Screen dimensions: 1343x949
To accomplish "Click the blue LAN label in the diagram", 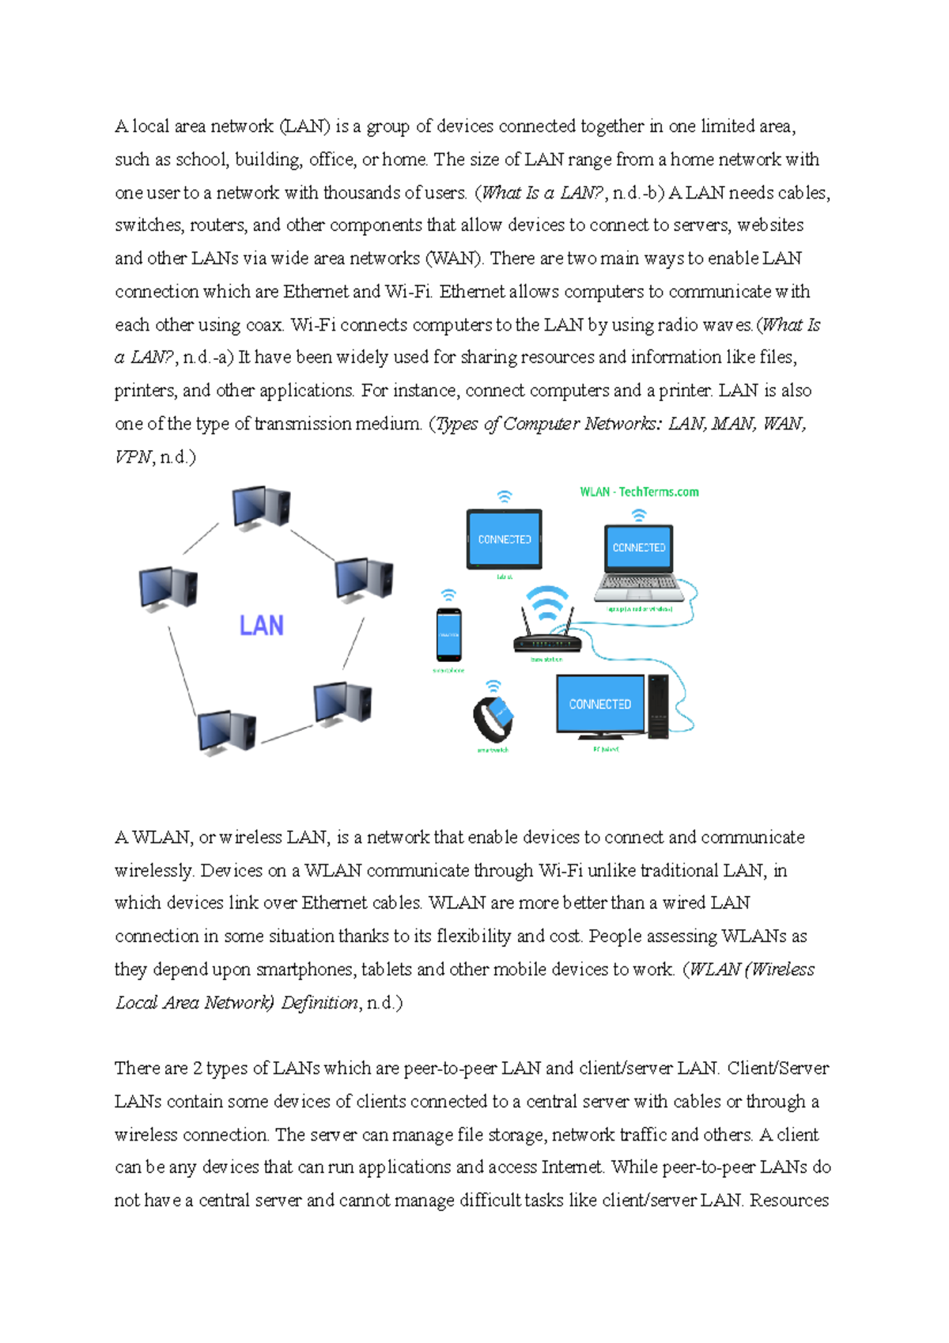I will pos(261,626).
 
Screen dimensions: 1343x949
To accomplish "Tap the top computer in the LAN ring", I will pos(261,507).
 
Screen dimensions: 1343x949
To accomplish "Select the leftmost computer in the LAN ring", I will pos(168,588).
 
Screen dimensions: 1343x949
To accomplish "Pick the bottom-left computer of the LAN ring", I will pos(226,731).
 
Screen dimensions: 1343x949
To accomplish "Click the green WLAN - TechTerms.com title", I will pos(639,492).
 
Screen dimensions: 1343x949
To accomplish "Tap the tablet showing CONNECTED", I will pos(505,539).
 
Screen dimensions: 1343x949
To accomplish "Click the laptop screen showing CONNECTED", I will pos(639,547).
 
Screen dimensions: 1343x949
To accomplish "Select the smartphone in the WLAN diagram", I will pos(448,634).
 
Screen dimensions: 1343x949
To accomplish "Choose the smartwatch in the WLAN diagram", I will pos(493,717).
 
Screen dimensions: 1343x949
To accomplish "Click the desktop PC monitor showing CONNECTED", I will pos(600,704).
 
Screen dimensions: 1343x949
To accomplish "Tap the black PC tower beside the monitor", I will pos(658,706).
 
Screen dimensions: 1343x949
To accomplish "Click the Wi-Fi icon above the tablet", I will pos(504,497).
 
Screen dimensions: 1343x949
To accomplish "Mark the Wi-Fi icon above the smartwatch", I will pos(493,685).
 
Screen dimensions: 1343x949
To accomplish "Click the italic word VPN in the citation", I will pos(132,457).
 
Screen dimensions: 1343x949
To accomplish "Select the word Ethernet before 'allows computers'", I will pos(472,292).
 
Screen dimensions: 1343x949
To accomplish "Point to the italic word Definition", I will pos(319,1003).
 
